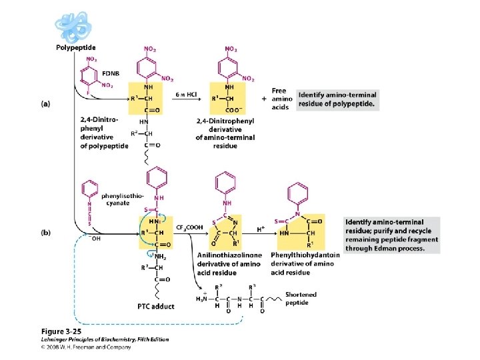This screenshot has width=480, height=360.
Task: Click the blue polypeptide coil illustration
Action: [x=73, y=27]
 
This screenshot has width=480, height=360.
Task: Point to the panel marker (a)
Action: [x=45, y=103]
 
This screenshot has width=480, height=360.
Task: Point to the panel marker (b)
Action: [x=45, y=233]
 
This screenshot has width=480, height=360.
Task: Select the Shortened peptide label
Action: [x=301, y=298]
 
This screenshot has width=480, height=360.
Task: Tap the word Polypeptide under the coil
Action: [x=75, y=47]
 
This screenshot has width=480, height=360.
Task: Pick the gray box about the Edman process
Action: [x=392, y=235]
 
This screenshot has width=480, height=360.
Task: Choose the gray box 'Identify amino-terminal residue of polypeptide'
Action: [x=337, y=100]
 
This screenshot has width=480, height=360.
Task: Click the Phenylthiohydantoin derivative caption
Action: [x=305, y=263]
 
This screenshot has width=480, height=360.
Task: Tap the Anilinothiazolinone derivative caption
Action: [x=231, y=263]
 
